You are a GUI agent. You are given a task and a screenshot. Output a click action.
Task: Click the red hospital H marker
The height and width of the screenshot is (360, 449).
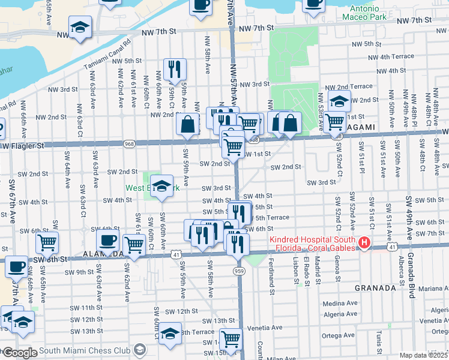coord(363,243)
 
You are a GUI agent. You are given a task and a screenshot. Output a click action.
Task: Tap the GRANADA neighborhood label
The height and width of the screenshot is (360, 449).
coord(375,288)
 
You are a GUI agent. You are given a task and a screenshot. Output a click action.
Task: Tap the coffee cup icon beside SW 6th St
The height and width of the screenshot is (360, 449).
coord(107,240)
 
